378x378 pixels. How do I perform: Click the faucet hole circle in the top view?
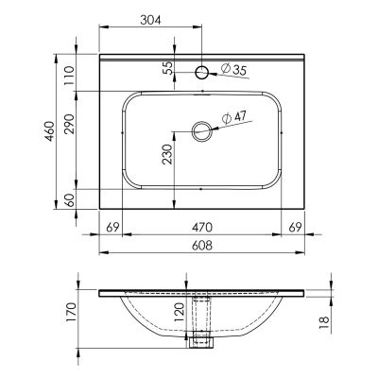tap(201, 72)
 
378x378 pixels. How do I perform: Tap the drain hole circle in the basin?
tap(201, 130)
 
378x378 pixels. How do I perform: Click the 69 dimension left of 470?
tap(112, 227)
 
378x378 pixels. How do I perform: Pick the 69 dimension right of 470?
tap(293, 227)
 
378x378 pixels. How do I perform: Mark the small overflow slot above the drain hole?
tap(201, 93)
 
